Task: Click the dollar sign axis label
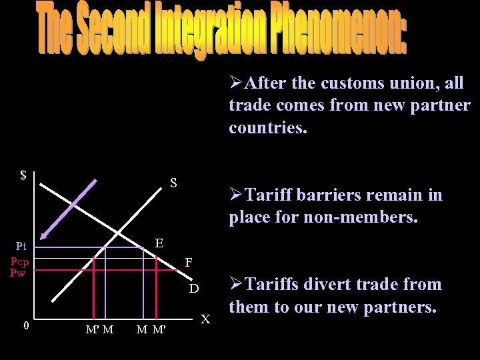pos(23,176)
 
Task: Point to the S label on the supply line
pos(173,182)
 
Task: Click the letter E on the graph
pos(159,242)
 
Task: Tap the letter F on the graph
pos(189,263)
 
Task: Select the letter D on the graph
pos(193,289)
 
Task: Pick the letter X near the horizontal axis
pos(206,319)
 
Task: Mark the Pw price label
pos(18,272)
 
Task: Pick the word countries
pos(268,127)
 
